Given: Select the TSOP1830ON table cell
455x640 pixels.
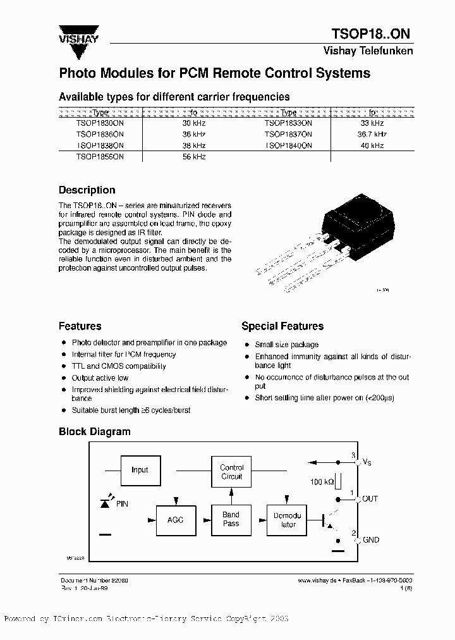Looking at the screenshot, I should pyautogui.click(x=100, y=124).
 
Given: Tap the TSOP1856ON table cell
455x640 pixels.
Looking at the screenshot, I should pyautogui.click(x=100, y=156).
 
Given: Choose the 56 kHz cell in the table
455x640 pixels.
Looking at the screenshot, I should pyautogui.click(x=193, y=156).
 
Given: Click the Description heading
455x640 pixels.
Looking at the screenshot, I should pyautogui.click(x=87, y=190).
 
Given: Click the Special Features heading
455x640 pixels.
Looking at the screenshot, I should pyautogui.click(x=282, y=326).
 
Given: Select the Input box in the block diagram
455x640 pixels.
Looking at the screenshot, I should pyautogui.click(x=140, y=470).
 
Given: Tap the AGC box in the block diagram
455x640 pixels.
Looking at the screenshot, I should pyautogui.click(x=175, y=519).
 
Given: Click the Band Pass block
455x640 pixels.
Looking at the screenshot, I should pyautogui.click(x=231, y=519).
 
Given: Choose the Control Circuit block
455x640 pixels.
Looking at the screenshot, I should pyautogui.click(x=231, y=472).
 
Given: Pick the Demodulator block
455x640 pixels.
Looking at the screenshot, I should pyautogui.click(x=288, y=520).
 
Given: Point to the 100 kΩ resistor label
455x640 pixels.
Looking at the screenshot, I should pyautogui.click(x=323, y=482).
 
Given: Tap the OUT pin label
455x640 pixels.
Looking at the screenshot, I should pyautogui.click(x=370, y=499).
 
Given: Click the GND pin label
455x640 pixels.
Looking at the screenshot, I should pyautogui.click(x=370, y=540).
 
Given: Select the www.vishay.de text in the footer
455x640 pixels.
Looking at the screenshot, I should pyautogui.click(x=315, y=580).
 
